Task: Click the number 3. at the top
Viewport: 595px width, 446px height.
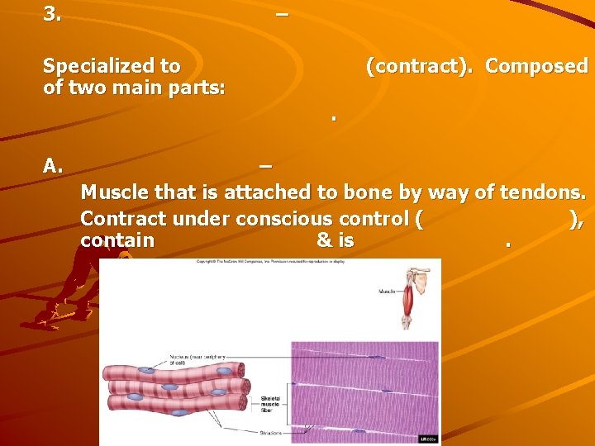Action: click(x=51, y=13)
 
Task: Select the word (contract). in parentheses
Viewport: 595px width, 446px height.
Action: click(x=421, y=66)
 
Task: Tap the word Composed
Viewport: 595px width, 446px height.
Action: click(x=536, y=66)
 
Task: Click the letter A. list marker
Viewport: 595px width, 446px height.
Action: click(x=53, y=165)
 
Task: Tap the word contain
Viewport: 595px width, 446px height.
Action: click(x=117, y=240)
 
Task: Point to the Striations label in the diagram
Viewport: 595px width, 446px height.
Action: click(x=269, y=432)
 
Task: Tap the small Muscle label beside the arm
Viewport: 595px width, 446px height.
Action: click(x=386, y=292)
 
